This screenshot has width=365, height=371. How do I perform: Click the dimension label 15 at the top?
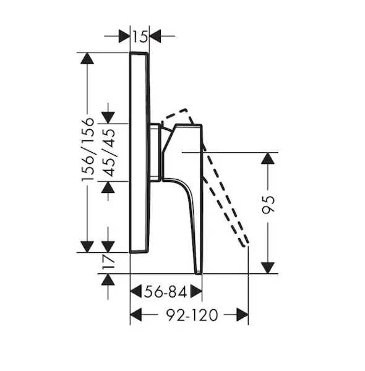coord(140,36)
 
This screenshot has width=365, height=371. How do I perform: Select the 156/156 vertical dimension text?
coord(88,150)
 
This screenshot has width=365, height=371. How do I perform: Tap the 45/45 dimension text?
coord(109,153)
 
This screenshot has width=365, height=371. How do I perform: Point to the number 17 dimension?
coord(108,262)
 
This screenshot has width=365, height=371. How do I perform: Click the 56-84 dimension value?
coord(165,291)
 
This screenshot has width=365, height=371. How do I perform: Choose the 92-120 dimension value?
coord(192,315)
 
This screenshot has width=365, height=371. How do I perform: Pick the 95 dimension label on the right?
coord(268,205)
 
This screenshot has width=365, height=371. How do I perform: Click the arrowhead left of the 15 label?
coord(124,36)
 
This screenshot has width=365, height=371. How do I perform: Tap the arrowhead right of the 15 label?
coord(155,36)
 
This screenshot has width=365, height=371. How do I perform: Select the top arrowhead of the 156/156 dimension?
coord(87,58)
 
